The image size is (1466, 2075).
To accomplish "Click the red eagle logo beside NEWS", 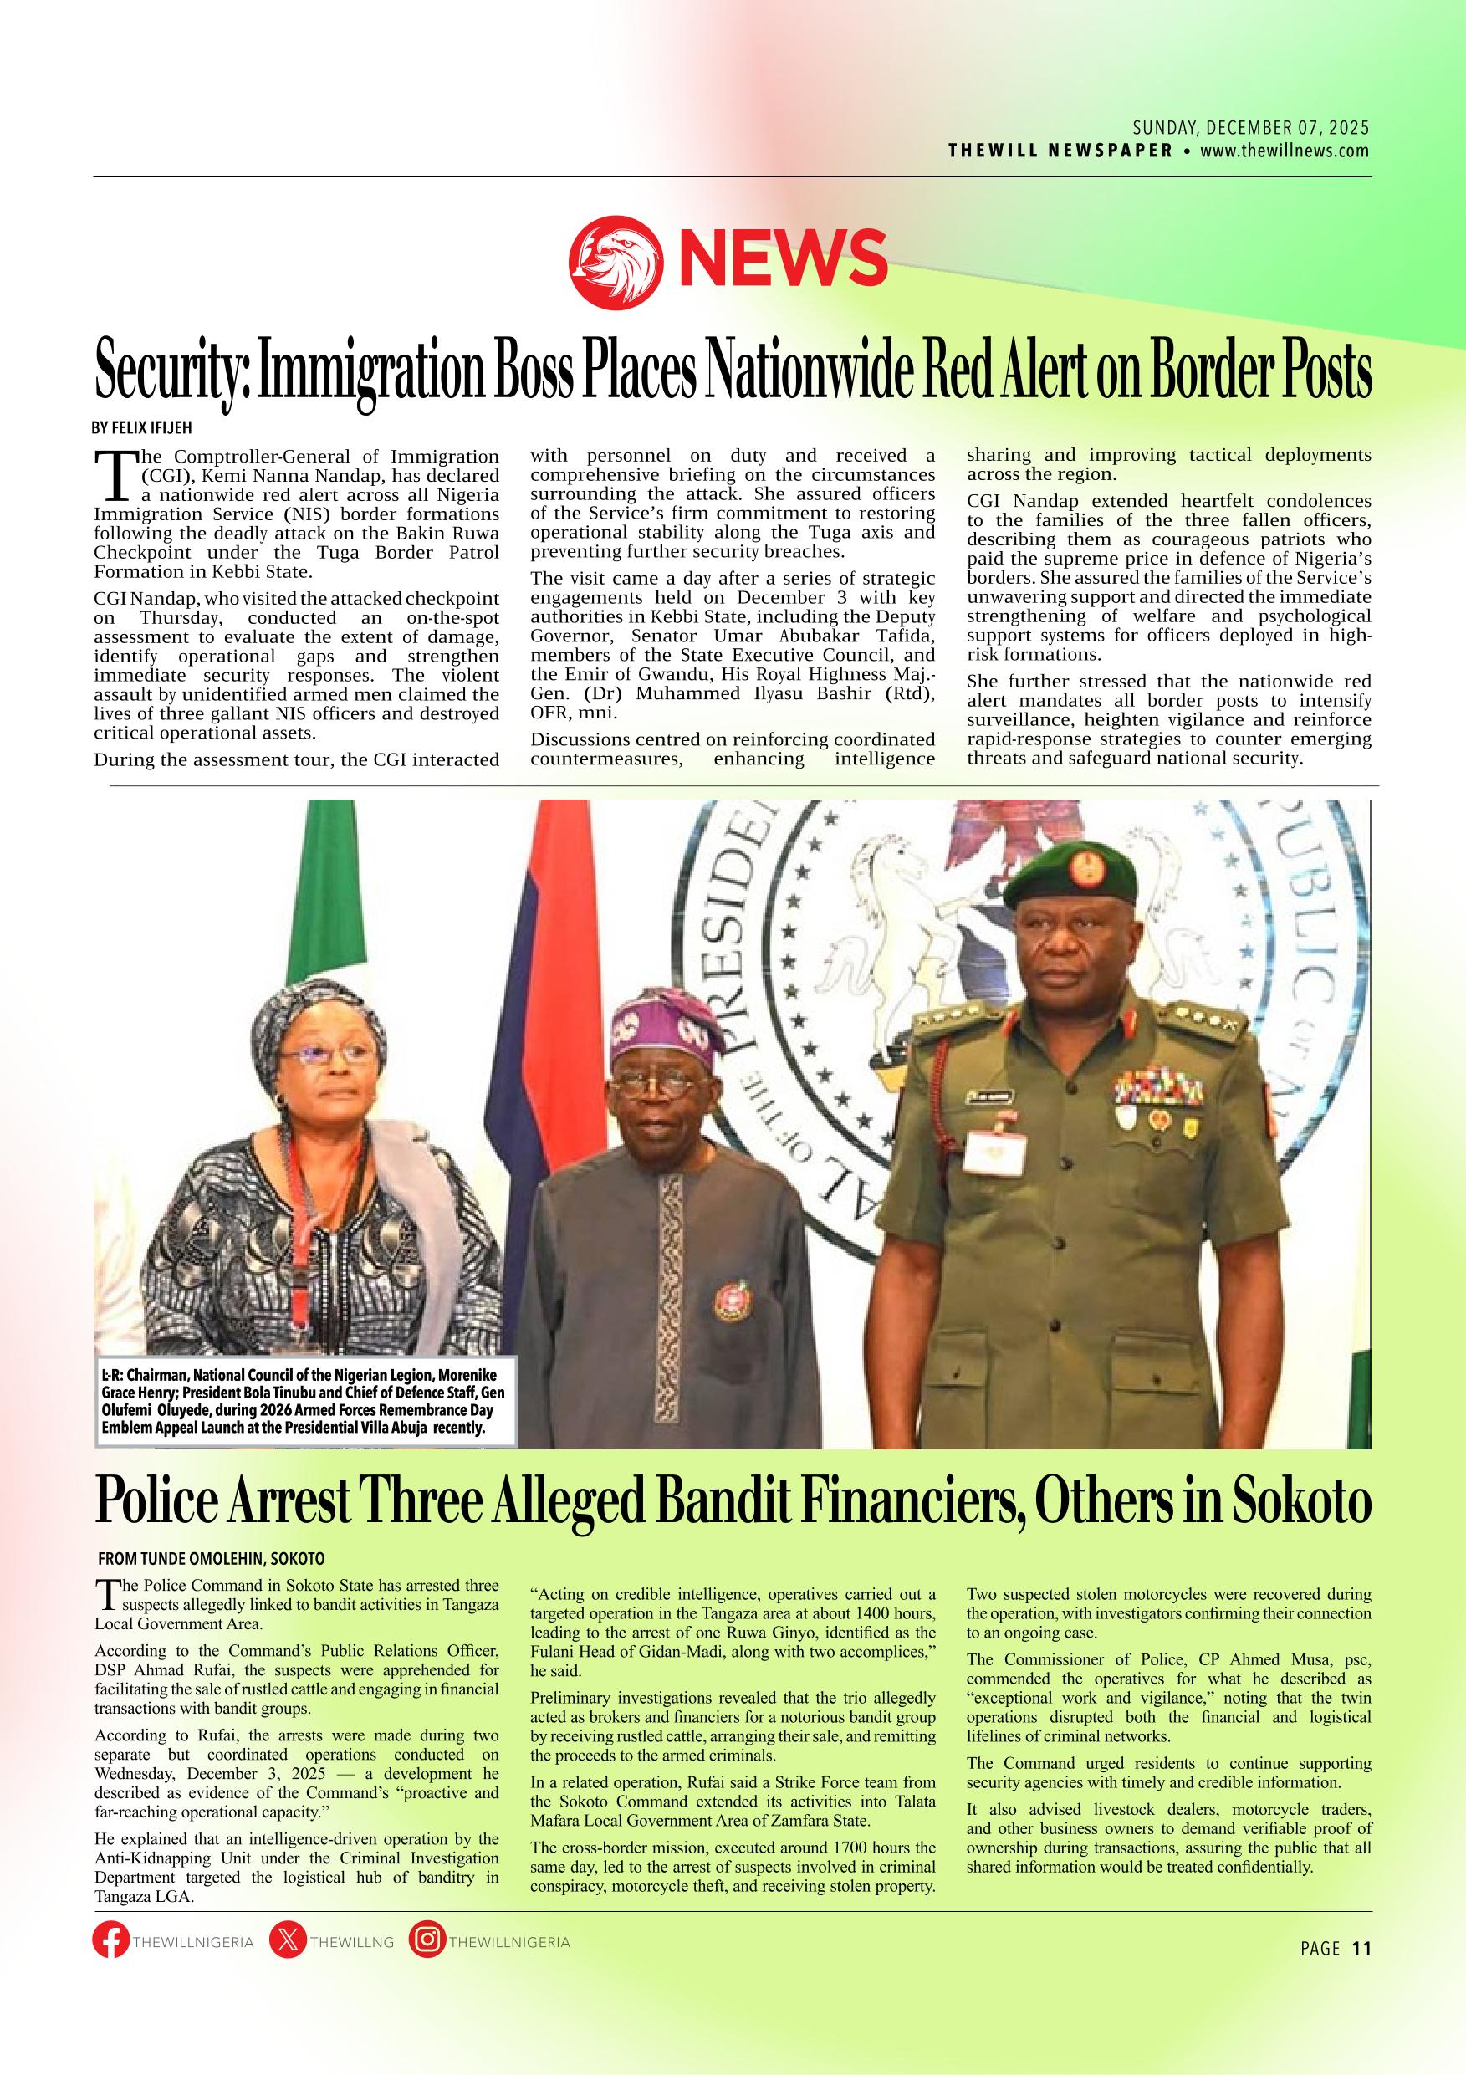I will coord(617,260).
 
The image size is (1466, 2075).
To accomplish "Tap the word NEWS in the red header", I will coord(783,257).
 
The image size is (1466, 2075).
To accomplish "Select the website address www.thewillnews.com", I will coord(1285,151).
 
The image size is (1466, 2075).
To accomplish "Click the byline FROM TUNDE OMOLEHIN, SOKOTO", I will coord(212,1559).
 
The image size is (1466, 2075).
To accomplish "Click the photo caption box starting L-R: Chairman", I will coord(306,1400).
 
